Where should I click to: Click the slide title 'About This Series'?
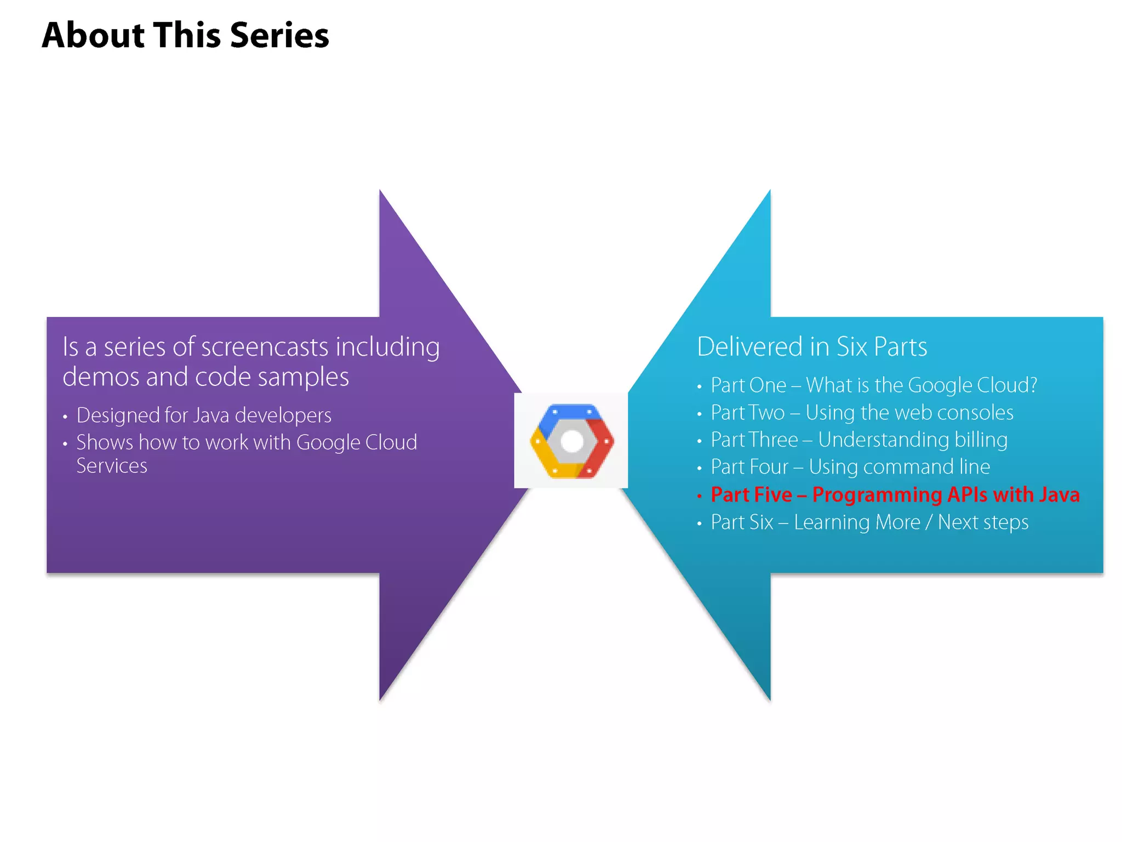tap(185, 36)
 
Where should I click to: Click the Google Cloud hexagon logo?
tap(571, 441)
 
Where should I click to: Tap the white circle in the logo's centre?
tap(572, 441)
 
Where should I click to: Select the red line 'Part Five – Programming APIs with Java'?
tap(895, 494)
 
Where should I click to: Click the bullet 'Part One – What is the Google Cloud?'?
tap(874, 385)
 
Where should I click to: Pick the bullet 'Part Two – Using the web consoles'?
tap(862, 413)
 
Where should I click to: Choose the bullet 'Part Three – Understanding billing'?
tap(858, 440)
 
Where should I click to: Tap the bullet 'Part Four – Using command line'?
tap(850, 467)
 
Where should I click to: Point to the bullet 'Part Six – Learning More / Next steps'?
tap(869, 522)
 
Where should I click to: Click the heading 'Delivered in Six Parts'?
tap(812, 346)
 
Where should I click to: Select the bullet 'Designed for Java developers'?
tap(204, 416)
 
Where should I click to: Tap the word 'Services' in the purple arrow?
tap(112, 466)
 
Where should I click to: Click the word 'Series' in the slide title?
tap(279, 36)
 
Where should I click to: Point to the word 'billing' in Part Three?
tap(981, 440)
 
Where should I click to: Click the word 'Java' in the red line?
tap(1058, 494)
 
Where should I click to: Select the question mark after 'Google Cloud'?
tap(1033, 385)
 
